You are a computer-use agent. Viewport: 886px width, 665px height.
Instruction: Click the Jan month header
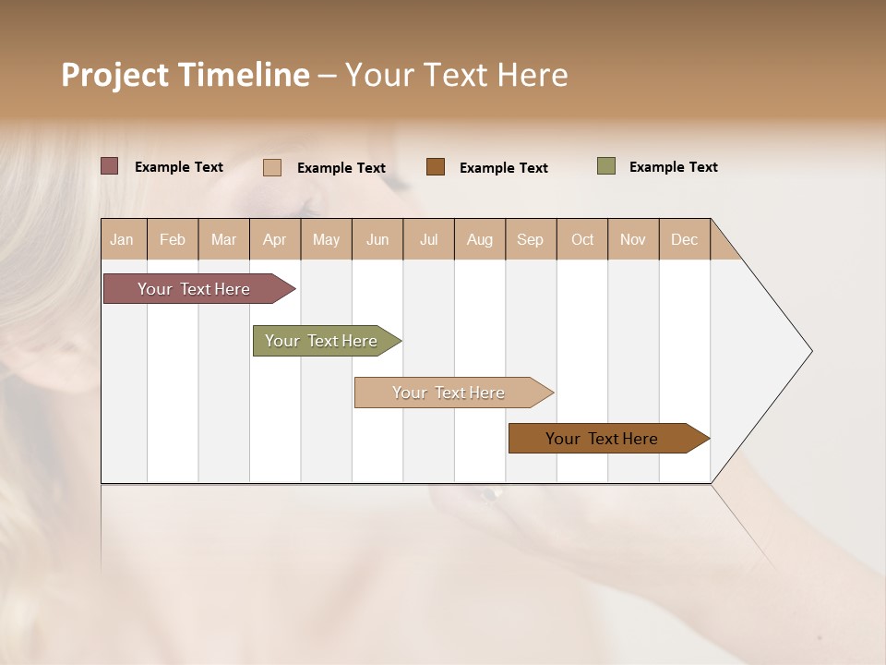[123, 239]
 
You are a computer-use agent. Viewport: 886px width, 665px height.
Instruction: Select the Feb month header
[173, 239]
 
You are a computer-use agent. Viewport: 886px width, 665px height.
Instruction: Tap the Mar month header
[223, 239]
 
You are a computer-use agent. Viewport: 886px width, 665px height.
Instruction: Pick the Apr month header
[275, 239]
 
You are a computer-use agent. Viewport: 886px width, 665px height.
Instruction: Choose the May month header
[326, 239]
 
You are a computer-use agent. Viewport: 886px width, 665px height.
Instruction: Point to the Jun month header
[377, 239]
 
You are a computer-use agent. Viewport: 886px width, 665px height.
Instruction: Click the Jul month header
[428, 239]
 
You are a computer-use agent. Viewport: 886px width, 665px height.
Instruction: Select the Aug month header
[480, 239]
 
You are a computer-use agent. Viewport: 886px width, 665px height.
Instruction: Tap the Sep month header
[531, 239]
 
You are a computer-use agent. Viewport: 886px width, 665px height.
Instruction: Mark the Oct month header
[582, 239]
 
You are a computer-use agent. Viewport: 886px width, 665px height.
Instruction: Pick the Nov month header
[633, 239]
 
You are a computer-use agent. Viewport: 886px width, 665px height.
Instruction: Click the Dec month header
[685, 239]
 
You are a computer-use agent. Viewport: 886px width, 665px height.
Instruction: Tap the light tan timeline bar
[449, 393]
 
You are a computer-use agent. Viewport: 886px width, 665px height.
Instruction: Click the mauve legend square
[110, 166]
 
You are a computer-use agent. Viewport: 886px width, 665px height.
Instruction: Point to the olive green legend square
[606, 166]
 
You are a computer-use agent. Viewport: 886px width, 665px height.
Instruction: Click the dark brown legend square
[436, 166]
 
